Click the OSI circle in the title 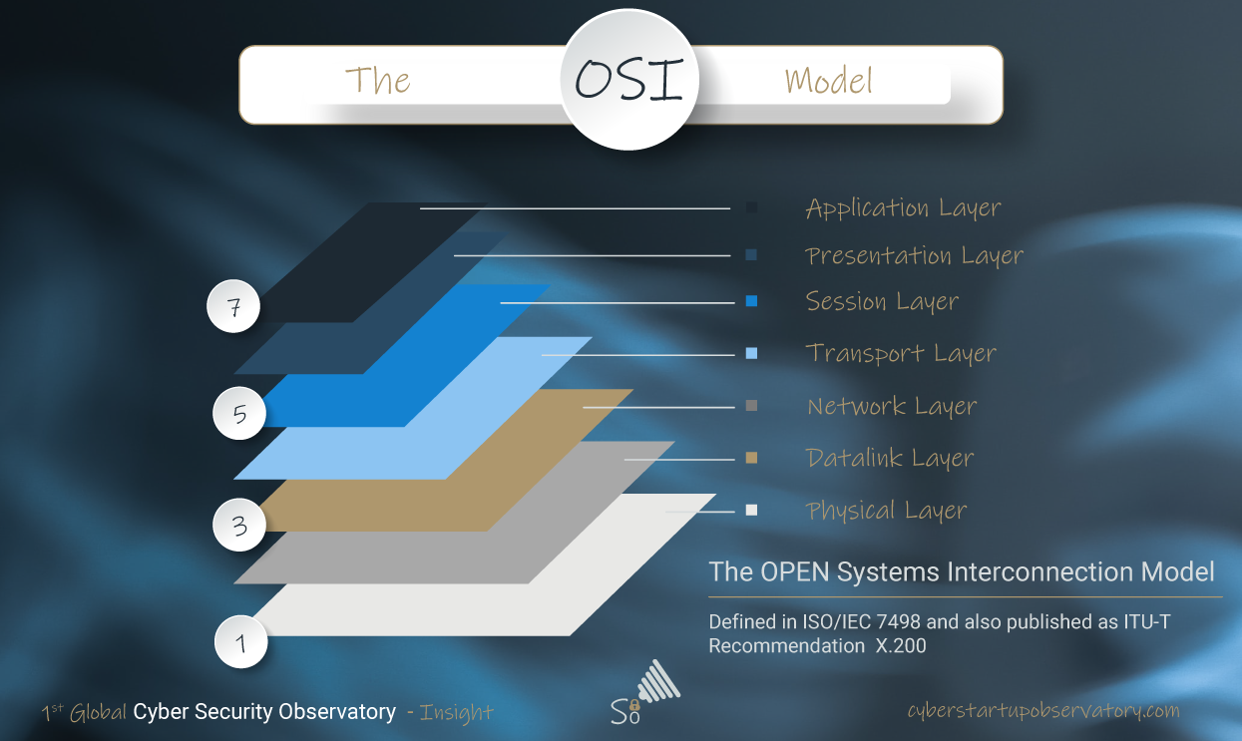tap(629, 79)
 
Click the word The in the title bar tap(378, 81)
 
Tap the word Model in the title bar tap(828, 81)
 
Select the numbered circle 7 tap(233, 306)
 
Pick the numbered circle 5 tap(239, 413)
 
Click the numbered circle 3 tap(239, 525)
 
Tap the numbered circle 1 tap(240, 642)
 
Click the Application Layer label tap(903, 208)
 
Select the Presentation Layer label tap(914, 255)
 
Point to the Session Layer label tap(882, 301)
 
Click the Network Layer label tap(892, 406)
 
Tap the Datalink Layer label tap(890, 458)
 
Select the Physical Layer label tap(886, 511)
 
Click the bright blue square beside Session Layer tap(751, 301)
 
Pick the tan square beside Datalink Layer tap(751, 458)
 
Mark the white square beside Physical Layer tap(751, 510)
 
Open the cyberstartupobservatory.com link tap(1043, 710)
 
